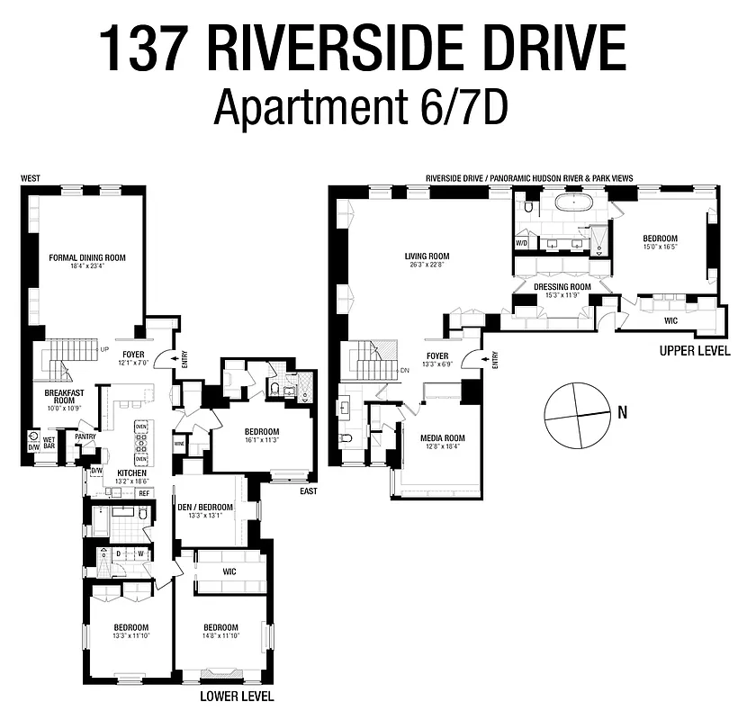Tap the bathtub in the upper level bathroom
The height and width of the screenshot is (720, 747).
point(572,202)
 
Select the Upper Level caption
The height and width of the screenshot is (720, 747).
point(694,351)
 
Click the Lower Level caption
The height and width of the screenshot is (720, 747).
point(237,696)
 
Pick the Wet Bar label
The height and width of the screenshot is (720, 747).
point(49,441)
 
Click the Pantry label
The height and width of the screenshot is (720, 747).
point(85,436)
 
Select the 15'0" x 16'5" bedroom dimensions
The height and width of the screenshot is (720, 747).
point(660,247)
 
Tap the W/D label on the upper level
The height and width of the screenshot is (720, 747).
point(521,243)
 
